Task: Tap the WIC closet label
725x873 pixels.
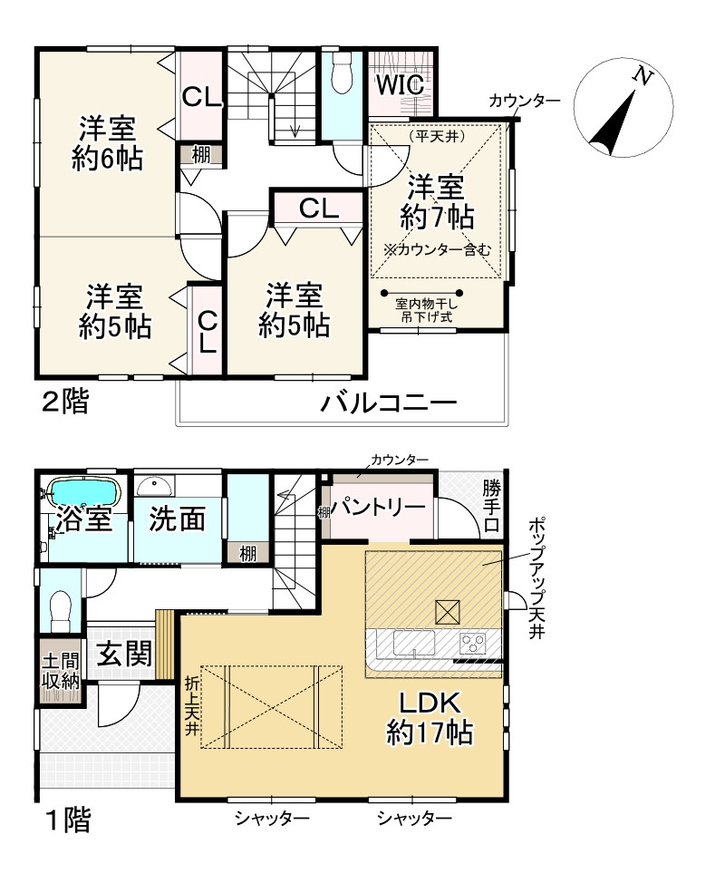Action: pyautogui.click(x=401, y=84)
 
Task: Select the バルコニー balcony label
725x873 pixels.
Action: pyautogui.click(x=387, y=403)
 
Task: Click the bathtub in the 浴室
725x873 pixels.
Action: pyautogui.click(x=83, y=493)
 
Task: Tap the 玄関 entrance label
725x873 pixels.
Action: pyautogui.click(x=123, y=653)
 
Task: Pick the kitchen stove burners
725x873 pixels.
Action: pyautogui.click(x=473, y=644)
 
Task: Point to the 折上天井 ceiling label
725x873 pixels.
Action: pyautogui.click(x=191, y=707)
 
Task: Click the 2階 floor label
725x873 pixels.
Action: pyautogui.click(x=66, y=402)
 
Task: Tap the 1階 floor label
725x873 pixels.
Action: pyautogui.click(x=67, y=821)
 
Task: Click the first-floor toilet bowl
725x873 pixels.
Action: pyautogui.click(x=61, y=605)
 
